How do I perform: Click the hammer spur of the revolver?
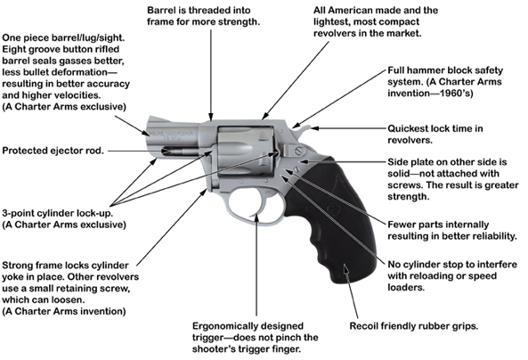click(x=305, y=129)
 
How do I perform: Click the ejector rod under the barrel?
click(x=181, y=151)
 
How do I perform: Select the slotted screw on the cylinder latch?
click(x=298, y=151)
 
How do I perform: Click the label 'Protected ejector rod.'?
click(x=53, y=151)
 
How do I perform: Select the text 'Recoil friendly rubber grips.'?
click(x=414, y=326)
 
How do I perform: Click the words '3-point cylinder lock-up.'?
click(x=58, y=213)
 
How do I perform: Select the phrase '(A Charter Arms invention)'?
click(x=64, y=311)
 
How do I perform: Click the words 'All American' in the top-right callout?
click(x=340, y=10)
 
